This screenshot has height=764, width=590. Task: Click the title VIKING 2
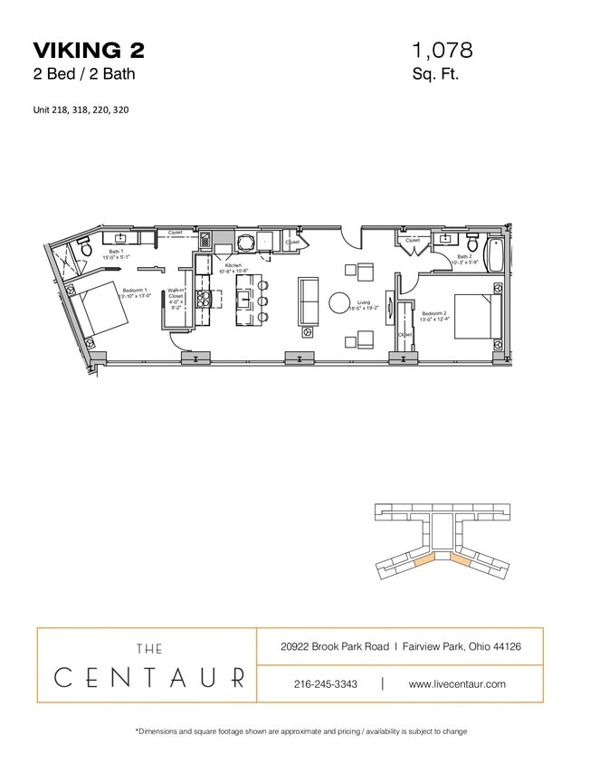click(88, 49)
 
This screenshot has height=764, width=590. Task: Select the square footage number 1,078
click(442, 50)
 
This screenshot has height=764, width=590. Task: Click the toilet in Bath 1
click(84, 245)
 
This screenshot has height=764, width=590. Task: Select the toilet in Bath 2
click(472, 243)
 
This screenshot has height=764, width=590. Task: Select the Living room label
click(365, 306)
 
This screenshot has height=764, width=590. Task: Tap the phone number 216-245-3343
click(327, 684)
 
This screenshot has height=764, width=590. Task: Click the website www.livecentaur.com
click(457, 684)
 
